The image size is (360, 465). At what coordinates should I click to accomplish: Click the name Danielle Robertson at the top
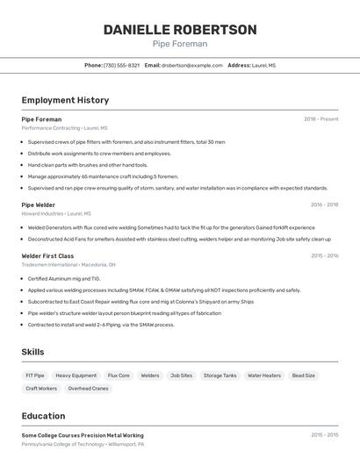pyautogui.click(x=179, y=30)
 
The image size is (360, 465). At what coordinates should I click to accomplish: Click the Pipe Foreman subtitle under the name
pyautogui.click(x=179, y=44)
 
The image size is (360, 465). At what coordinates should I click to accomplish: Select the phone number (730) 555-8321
pyautogui.click(x=121, y=65)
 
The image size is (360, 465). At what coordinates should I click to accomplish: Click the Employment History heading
pyautogui.click(x=65, y=100)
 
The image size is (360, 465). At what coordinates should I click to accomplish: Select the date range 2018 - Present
pyautogui.click(x=320, y=118)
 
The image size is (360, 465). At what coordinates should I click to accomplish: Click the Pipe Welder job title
pyautogui.click(x=38, y=204)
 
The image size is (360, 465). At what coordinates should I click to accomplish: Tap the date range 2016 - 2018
pyautogui.click(x=324, y=204)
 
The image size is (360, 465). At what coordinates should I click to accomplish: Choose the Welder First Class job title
pyautogui.click(x=47, y=255)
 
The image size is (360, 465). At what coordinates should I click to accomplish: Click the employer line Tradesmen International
pyautogui.click(x=68, y=264)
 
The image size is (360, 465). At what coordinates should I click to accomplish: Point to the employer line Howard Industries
pyautogui.click(x=55, y=213)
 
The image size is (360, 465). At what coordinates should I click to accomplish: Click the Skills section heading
pyautogui.click(x=32, y=352)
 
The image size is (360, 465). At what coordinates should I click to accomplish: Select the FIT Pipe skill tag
pyautogui.click(x=35, y=376)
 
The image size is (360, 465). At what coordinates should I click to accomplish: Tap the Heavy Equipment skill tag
pyautogui.click(x=76, y=376)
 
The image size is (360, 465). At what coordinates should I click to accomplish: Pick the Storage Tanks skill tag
pyautogui.click(x=220, y=376)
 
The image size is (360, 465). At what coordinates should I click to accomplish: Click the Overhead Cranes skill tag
pyautogui.click(x=88, y=388)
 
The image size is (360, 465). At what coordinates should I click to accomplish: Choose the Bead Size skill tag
pyautogui.click(x=303, y=376)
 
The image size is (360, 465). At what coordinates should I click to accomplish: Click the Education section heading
pyautogui.click(x=43, y=416)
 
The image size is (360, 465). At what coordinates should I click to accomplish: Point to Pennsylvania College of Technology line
pyautogui.click(x=82, y=444)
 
